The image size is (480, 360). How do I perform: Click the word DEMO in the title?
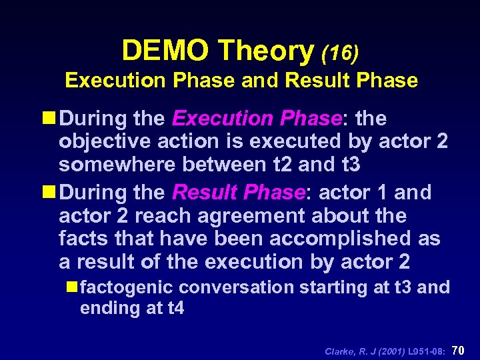[x=167, y=51]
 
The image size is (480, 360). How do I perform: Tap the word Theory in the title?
[x=266, y=51]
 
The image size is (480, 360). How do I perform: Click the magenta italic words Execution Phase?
[x=257, y=119]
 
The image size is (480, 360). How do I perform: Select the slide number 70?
[x=459, y=350]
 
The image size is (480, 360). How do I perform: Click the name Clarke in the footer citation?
[x=341, y=351]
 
